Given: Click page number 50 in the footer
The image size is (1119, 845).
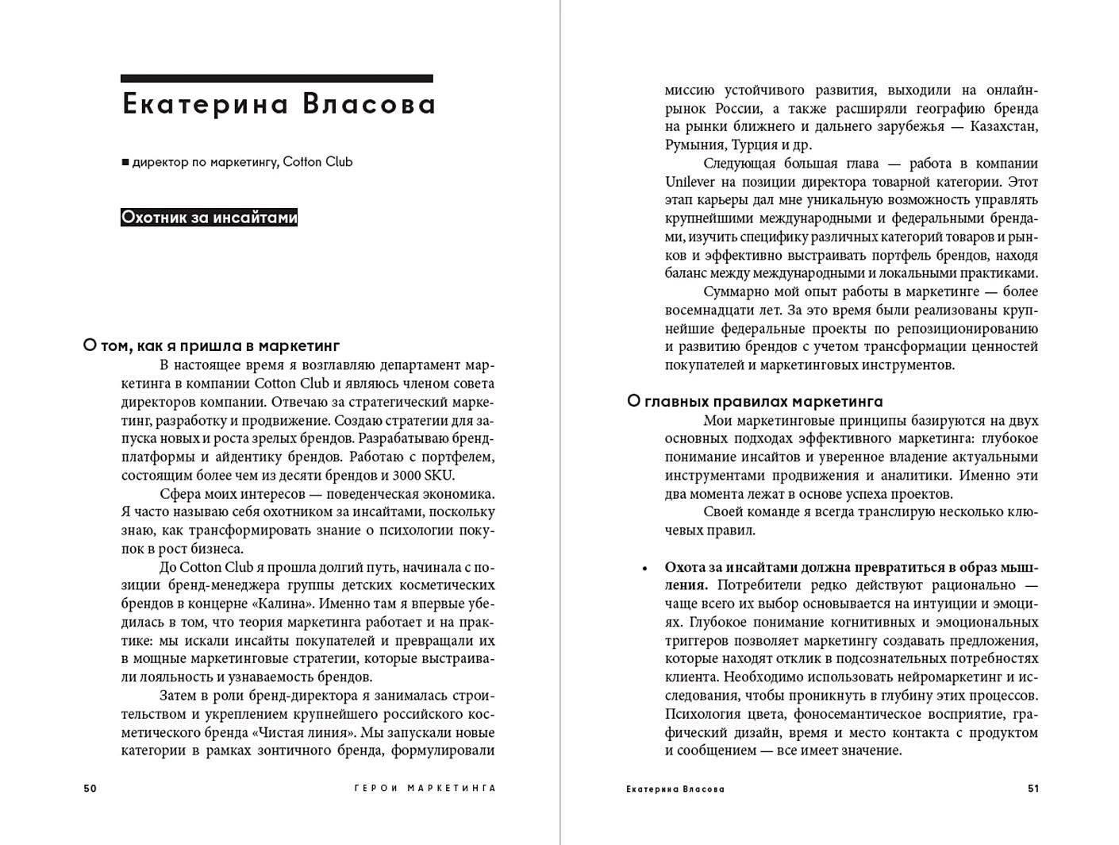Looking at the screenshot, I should click(x=90, y=789).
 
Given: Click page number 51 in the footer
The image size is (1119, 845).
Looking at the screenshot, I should click(x=1032, y=789).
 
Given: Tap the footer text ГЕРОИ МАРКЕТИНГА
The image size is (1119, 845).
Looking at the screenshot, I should click(x=425, y=789).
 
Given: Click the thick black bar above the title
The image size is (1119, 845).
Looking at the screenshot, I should click(x=276, y=79).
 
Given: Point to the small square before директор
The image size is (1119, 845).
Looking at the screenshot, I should click(x=125, y=163).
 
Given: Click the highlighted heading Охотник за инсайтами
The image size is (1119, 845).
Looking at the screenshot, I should click(x=209, y=218).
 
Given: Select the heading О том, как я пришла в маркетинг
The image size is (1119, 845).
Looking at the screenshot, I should click(x=211, y=345).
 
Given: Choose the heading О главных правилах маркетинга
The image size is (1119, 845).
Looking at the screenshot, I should click(x=755, y=401).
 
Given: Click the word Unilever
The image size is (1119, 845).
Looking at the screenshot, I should click(x=690, y=182).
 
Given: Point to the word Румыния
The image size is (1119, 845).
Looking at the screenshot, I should click(x=694, y=145).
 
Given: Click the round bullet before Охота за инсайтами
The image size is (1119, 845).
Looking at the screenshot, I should click(x=644, y=568).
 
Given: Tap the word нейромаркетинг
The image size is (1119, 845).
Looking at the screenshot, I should click(x=944, y=677).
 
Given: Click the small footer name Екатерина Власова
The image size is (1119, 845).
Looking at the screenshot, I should click(x=675, y=789).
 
